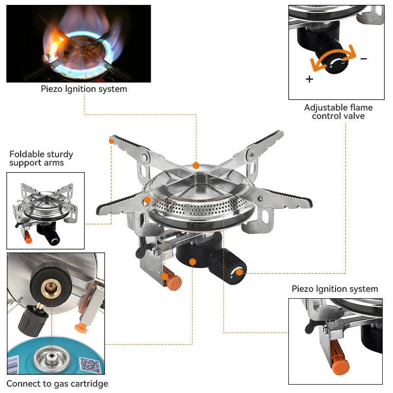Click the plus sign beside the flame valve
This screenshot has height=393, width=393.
point(309,79)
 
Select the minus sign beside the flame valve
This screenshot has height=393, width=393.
point(364,58)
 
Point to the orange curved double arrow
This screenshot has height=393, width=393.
point(332,60)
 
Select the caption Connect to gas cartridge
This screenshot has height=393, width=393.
point(57,384)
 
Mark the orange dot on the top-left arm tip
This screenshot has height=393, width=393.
point(112,140)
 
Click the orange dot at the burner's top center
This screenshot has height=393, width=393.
point(196,166)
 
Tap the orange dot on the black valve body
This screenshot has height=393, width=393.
point(193,262)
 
